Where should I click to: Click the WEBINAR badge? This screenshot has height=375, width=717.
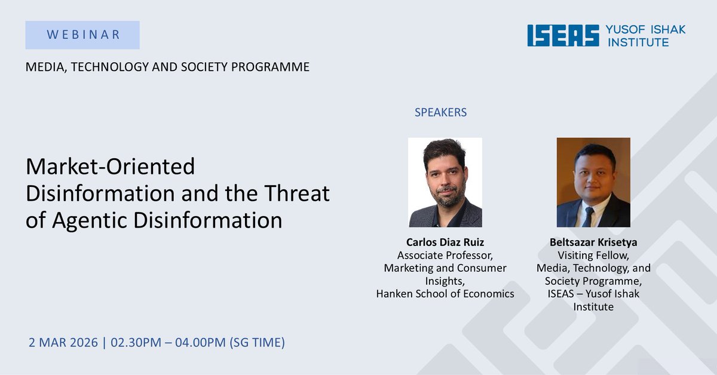pyautogui.click(x=82, y=35)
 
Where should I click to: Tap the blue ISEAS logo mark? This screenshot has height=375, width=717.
pyautogui.click(x=563, y=35)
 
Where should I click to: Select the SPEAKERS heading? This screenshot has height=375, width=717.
pyautogui.click(x=440, y=112)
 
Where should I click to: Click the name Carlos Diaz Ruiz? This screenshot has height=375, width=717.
pyautogui.click(x=445, y=242)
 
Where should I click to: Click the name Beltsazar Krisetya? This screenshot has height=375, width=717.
pyautogui.click(x=593, y=242)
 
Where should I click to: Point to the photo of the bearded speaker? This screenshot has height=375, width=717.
pyautogui.click(x=445, y=182)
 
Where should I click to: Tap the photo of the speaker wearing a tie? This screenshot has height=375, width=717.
pyautogui.click(x=593, y=182)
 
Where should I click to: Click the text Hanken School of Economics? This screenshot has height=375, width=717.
pyautogui.click(x=445, y=294)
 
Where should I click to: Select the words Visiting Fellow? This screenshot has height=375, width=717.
pyautogui.click(x=593, y=256)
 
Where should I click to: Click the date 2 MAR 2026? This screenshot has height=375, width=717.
pyautogui.click(x=63, y=343)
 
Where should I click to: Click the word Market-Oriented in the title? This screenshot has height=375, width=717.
pyautogui.click(x=111, y=167)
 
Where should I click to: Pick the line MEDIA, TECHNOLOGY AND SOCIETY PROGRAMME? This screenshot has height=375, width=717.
pyautogui.click(x=167, y=67)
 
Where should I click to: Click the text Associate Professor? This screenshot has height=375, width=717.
pyautogui.click(x=445, y=256)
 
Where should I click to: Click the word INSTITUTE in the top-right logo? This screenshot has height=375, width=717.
pyautogui.click(x=638, y=42)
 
